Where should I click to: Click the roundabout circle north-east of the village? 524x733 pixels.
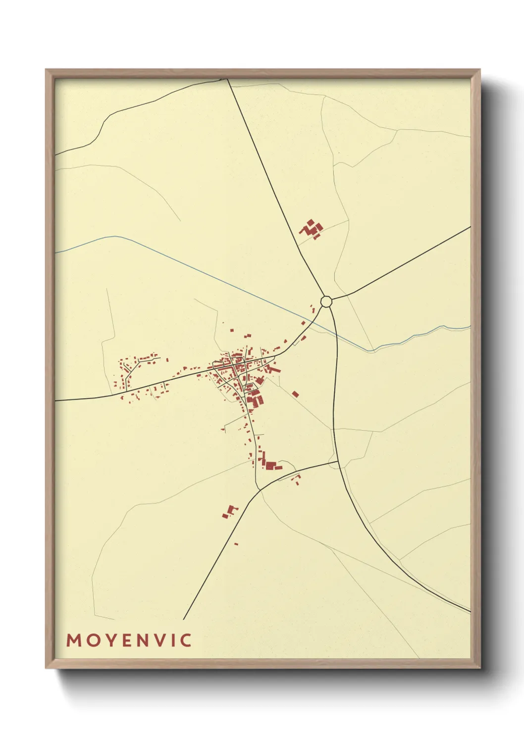[326, 301]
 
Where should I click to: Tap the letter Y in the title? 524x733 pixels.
[108, 640]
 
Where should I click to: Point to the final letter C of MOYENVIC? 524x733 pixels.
[186, 640]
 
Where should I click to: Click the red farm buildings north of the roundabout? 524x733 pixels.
[311, 229]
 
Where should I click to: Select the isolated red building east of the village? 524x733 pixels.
[295, 394]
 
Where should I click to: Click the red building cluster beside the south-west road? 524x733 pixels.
[229, 512]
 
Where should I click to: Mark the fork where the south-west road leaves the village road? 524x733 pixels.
[260, 490]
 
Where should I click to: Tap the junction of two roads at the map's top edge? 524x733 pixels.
[227, 79]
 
